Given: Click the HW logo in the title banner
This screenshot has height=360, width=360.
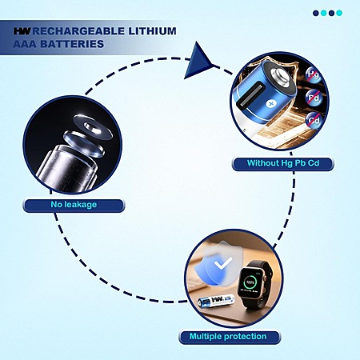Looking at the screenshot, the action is pyautogui.click(x=22, y=31).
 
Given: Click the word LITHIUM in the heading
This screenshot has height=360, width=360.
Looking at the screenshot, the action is pyautogui.click(x=152, y=31).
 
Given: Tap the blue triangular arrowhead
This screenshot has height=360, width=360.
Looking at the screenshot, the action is pyautogui.click(x=198, y=61).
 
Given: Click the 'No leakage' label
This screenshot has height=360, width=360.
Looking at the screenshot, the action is pyautogui.click(x=74, y=205).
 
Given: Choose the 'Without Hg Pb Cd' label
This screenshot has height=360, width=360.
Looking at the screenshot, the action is pyautogui.click(x=283, y=163).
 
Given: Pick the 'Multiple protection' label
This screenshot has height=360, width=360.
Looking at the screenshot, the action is pyautogui.click(x=228, y=337).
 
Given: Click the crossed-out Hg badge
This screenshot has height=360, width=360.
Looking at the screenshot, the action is pyautogui.click(x=314, y=74).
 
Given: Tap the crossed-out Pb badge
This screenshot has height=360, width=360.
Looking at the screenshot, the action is pyautogui.click(x=314, y=98).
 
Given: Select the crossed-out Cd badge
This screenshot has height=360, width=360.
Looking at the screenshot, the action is pyautogui.click(x=314, y=121).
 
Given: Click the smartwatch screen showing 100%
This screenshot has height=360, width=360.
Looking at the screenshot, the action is pyautogui.click(x=250, y=284).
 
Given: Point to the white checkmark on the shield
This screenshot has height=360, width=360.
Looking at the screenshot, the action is pyautogui.click(x=223, y=263).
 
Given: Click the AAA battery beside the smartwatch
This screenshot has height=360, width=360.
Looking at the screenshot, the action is pyautogui.click(x=216, y=302).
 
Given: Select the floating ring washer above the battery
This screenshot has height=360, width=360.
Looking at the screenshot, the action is pyautogui.click(x=93, y=126).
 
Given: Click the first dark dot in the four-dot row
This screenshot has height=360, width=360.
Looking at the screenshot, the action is pyautogui.click(x=316, y=13).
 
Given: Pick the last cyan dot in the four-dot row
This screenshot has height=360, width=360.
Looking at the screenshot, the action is pyautogui.click(x=339, y=13).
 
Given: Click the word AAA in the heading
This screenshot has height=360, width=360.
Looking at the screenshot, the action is pyautogui.click(x=25, y=44).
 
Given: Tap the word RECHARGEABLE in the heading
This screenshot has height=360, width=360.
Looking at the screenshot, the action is pyautogui.click(x=78, y=31).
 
